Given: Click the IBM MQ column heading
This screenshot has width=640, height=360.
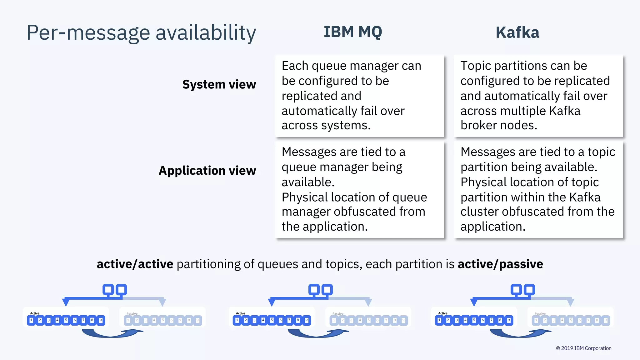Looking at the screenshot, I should (x=353, y=32).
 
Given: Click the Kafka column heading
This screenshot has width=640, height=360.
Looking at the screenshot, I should (x=517, y=32).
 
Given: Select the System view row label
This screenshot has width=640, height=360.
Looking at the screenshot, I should (x=219, y=84).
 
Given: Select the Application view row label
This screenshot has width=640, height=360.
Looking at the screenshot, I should (x=207, y=171).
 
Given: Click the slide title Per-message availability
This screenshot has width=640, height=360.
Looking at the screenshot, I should (x=141, y=32).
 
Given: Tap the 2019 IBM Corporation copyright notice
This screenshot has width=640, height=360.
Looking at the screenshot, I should (x=583, y=348).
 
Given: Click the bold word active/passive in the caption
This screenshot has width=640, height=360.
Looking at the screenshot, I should (x=500, y=264).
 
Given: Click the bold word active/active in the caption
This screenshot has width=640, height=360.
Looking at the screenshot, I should (x=135, y=264).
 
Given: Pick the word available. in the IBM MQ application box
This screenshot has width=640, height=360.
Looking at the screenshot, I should (x=308, y=182).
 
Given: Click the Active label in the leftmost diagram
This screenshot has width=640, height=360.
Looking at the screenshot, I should (x=35, y=313).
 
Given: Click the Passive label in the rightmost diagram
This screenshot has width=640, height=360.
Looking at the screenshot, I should (x=540, y=313).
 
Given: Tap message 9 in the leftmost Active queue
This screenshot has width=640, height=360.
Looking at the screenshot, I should (x=101, y=320).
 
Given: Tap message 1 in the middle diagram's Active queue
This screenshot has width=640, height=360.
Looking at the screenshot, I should (x=237, y=320).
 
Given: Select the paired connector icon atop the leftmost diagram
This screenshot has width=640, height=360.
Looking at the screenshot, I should (x=115, y=290).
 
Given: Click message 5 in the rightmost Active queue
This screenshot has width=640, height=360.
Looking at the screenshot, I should (x=474, y=320).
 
